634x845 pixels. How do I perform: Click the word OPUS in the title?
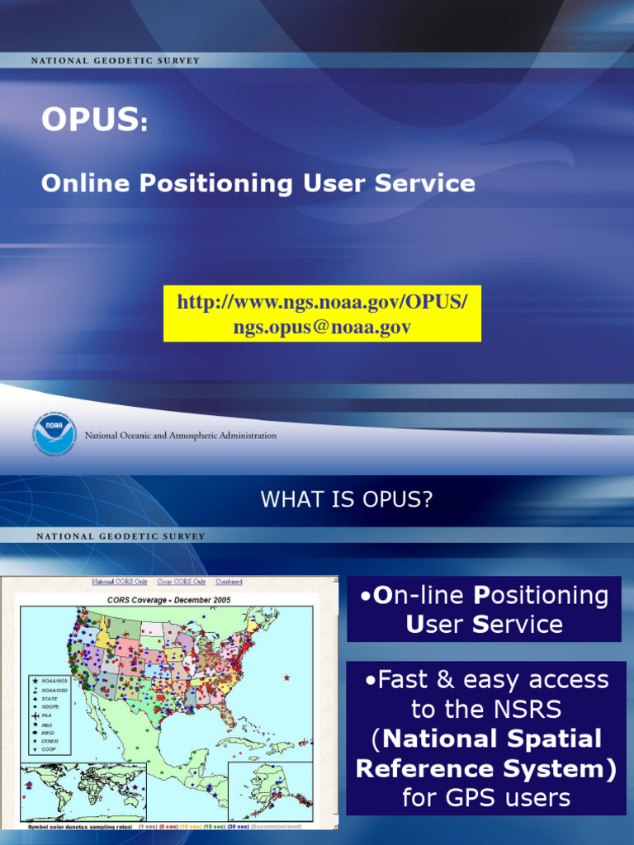coord(89,120)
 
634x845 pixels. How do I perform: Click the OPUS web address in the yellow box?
coord(322,303)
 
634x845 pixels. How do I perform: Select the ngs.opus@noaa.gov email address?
coord(322,328)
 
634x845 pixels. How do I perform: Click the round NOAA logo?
coord(55,434)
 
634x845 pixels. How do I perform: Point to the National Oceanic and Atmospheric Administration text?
coord(181,436)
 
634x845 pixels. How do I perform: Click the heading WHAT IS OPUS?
coord(346,499)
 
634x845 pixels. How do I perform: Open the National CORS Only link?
coord(120,582)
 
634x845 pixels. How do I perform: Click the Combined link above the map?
coord(229,582)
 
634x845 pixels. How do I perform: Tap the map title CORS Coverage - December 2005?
coord(168,600)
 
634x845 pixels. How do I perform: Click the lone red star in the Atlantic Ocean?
coord(286,677)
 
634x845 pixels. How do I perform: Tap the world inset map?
coord(83,791)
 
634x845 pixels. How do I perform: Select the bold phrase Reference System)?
coord(486,768)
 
